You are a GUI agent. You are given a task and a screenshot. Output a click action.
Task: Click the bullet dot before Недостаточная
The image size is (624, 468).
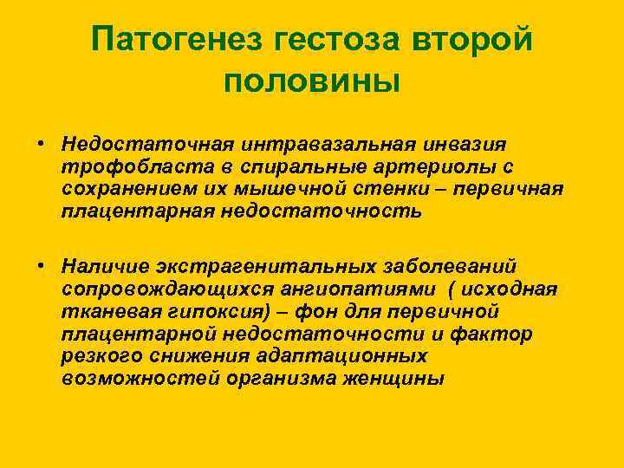[41, 141]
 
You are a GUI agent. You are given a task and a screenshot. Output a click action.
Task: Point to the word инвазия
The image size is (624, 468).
[465, 141]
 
